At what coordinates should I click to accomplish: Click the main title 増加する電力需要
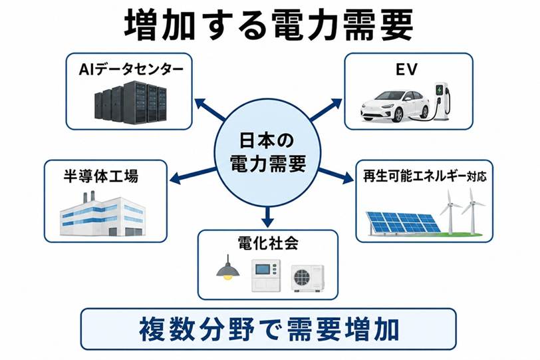coord(269,25)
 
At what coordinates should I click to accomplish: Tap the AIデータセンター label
coord(131,70)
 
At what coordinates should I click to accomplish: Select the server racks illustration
coord(130,102)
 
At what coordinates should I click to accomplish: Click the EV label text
coord(407,70)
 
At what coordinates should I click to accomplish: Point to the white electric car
coord(394,105)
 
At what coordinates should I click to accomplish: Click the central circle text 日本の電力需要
coord(267,152)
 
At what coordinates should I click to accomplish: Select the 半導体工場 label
coord(101,176)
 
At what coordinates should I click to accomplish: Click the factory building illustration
coord(102,214)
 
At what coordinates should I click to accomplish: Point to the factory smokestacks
coord(89,197)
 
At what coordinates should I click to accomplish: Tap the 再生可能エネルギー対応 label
coord(425,176)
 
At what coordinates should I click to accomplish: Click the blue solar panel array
coord(402,222)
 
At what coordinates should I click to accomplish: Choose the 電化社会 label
coord(267,243)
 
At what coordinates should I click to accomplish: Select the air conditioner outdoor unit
coord(307,278)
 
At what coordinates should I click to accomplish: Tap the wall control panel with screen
coord(266,275)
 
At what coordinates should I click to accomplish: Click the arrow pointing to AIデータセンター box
coord(210,110)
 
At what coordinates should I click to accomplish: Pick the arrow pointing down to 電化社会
coord(267,216)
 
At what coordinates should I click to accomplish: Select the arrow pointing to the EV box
coord(326,109)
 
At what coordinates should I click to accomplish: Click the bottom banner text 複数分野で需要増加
coord(269,329)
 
